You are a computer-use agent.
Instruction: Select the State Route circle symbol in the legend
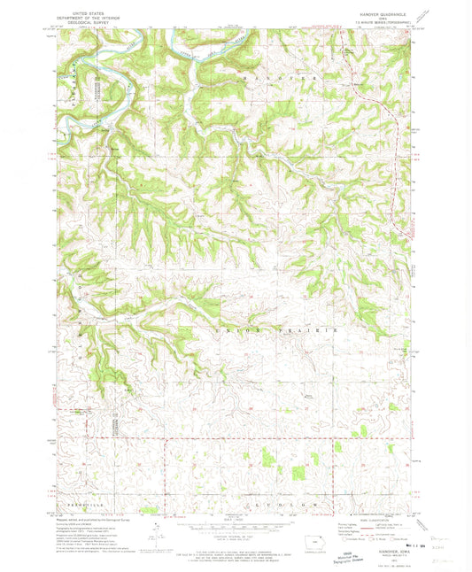pos(394,537)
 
